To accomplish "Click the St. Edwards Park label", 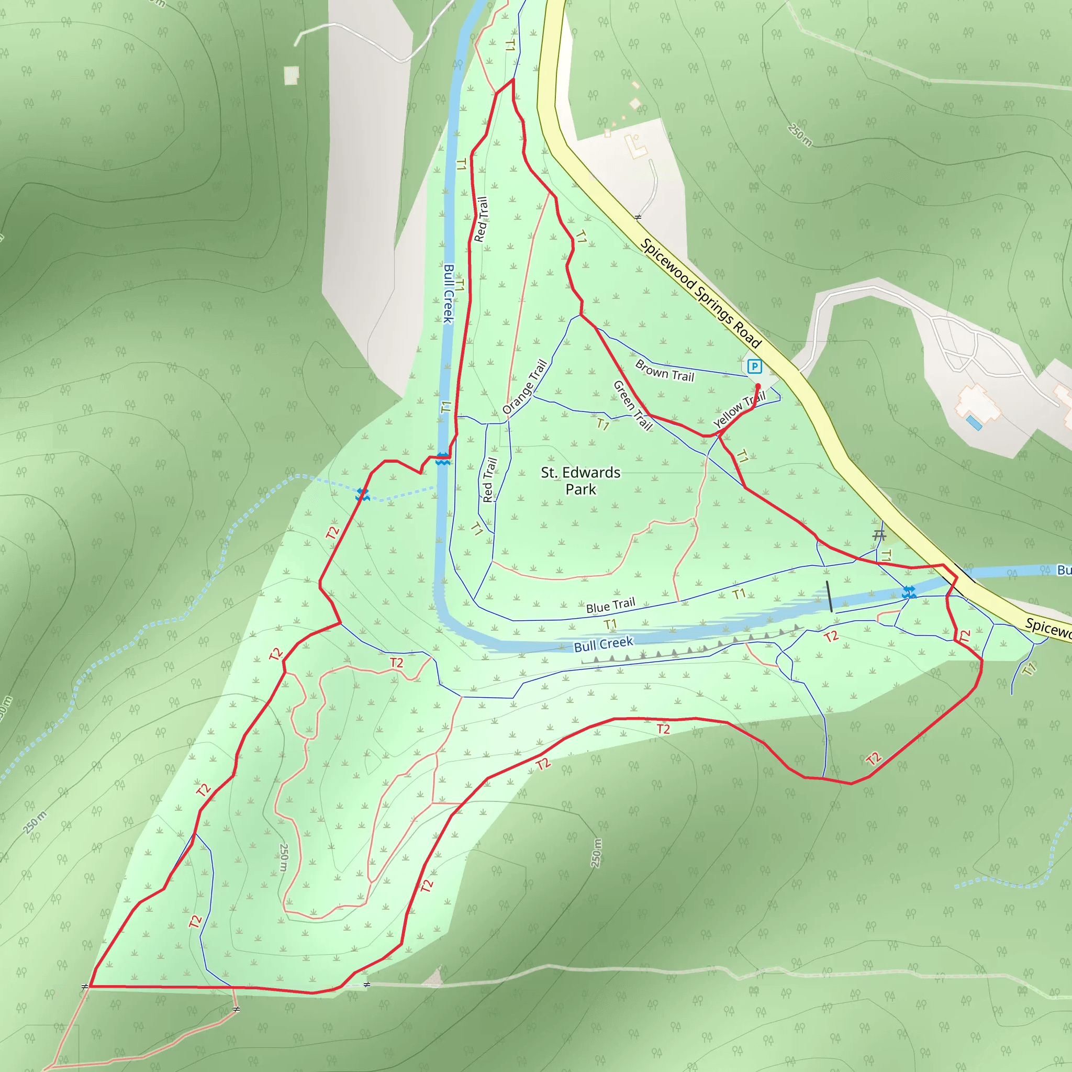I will point(580,481).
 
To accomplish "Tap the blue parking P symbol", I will point(754,366).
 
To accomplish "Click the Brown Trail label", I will point(664,371).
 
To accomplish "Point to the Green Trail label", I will point(632,405).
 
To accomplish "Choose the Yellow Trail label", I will point(739,411).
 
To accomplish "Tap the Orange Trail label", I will point(524,387).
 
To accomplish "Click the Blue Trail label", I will point(610,606).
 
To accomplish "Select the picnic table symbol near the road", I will point(879,535).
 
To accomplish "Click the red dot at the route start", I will point(758,386).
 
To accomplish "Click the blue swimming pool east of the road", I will point(973,423).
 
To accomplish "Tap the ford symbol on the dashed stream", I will point(362,494).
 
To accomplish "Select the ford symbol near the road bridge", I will point(908,593).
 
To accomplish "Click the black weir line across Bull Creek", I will point(829,597).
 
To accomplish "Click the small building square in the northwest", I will point(291,75).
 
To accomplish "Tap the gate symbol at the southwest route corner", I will point(85,987).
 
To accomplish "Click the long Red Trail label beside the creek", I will point(481,219).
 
